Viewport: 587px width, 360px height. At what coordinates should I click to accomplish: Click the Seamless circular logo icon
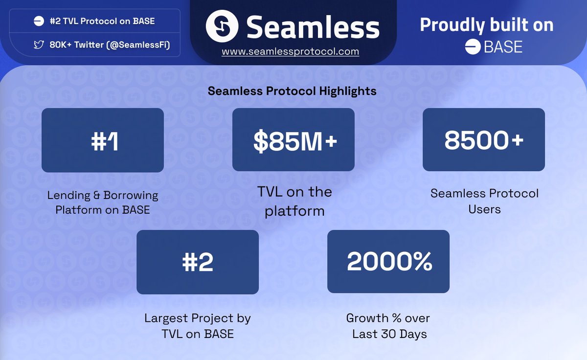click(x=222, y=26)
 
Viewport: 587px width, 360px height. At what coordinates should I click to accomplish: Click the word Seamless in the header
click(x=313, y=27)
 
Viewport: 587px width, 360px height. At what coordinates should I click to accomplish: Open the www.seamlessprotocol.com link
click(x=290, y=51)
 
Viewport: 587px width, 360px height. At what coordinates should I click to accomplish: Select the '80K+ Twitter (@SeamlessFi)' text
click(x=108, y=45)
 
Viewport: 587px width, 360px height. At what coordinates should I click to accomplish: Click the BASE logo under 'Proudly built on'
click(x=494, y=47)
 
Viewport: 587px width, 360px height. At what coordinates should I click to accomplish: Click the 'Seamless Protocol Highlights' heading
click(x=292, y=91)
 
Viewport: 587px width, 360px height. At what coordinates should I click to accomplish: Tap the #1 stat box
click(x=103, y=140)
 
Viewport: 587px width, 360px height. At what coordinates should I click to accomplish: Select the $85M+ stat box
click(x=293, y=140)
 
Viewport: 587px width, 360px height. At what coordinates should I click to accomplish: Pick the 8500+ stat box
click(x=484, y=140)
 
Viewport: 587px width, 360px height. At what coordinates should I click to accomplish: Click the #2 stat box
click(x=198, y=262)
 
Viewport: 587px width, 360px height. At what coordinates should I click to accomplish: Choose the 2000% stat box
click(x=388, y=262)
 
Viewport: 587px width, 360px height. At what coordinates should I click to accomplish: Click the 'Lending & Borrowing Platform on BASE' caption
click(x=103, y=202)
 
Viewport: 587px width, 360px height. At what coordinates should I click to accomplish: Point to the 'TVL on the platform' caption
click(x=294, y=201)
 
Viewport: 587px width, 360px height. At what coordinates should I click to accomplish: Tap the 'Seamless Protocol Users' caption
click(x=484, y=201)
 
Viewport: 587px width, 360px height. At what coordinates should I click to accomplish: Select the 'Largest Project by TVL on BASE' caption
click(x=198, y=326)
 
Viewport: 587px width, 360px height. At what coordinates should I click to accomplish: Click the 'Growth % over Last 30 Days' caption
click(x=388, y=326)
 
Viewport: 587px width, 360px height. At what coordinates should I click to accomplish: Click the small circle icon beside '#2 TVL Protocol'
click(x=39, y=21)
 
